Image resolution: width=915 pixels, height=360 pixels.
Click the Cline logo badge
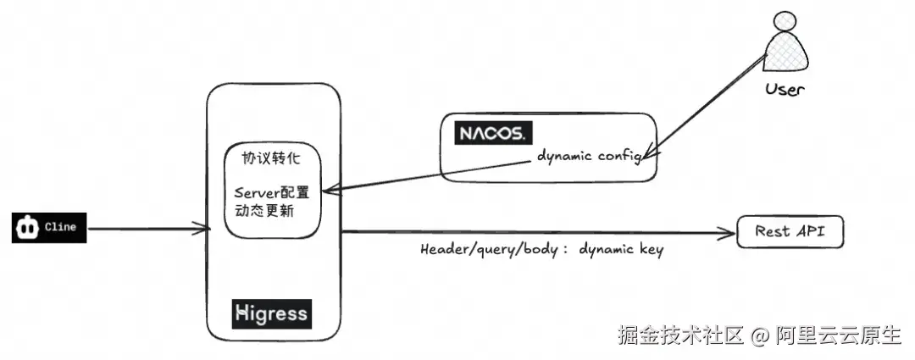pyautogui.click(x=49, y=228)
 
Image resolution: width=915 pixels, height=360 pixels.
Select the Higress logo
pyautogui.click(x=272, y=314)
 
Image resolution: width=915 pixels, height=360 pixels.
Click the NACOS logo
pyautogui.click(x=493, y=133)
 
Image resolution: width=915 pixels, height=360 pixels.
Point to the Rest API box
pyautogui.click(x=790, y=231)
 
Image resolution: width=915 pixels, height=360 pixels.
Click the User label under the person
pyautogui.click(x=785, y=89)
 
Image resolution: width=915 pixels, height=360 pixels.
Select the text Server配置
pyautogui.click(x=271, y=192)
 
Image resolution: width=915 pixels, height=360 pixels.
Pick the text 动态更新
pyautogui.click(x=263, y=211)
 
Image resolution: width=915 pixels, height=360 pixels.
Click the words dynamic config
pyautogui.click(x=590, y=157)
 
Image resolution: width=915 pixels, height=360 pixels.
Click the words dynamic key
pyautogui.click(x=621, y=250)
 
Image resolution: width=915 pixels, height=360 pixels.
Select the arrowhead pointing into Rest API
pyautogui.click(x=729, y=234)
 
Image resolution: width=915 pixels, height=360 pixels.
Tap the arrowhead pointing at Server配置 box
pyautogui.click(x=330, y=191)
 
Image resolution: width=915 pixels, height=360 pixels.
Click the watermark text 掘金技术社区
pyautogui.click(x=681, y=335)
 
